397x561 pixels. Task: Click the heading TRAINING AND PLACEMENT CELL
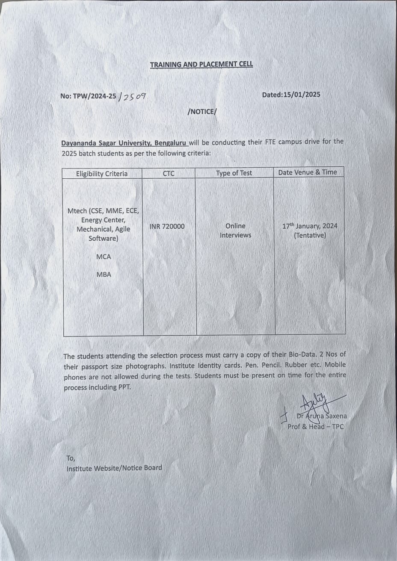201,65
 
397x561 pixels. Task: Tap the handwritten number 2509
134,97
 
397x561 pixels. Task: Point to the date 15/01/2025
302,94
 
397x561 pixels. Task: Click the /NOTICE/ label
202,112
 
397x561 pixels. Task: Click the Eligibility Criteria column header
102,174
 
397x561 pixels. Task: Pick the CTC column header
169,173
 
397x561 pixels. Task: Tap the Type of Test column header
234,173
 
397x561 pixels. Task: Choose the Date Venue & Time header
308,172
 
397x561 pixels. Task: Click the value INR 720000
167,226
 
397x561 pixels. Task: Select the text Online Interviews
235,230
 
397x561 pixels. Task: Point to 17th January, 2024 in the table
310,226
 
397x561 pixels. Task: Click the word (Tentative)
310,235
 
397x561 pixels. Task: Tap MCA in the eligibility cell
104,257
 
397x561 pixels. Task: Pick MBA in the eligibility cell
104,275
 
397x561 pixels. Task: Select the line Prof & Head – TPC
316,426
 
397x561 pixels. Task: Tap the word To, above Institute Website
71,458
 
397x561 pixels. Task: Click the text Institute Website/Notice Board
114,468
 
